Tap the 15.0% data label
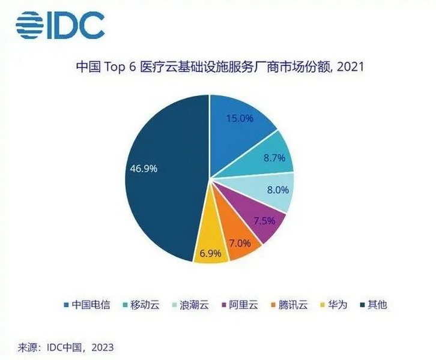click(239, 118)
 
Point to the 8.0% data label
click(277, 190)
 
